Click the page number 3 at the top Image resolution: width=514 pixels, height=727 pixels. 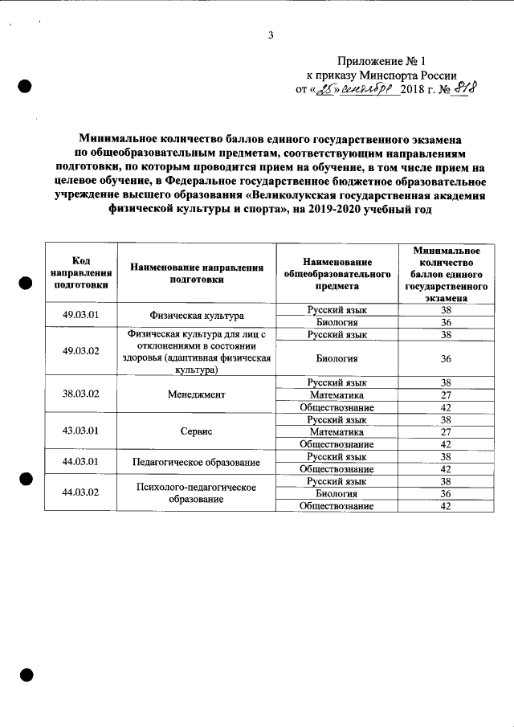[271, 35]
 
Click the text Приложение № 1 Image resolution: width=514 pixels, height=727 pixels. [379, 61]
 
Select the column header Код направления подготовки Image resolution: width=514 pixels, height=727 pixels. [80, 272]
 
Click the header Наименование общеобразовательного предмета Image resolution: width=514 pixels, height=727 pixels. [337, 272]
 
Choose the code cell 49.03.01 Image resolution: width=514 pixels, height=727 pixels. [80, 315]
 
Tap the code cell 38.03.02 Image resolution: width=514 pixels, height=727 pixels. [80, 394]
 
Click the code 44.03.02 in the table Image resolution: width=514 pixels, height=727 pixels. [80, 492]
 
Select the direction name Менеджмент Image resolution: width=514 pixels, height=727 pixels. [196, 394]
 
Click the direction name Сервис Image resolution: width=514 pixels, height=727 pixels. [196, 431]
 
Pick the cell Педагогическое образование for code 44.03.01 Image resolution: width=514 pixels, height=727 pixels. [196, 462]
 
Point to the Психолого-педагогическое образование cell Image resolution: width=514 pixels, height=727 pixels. [196, 492]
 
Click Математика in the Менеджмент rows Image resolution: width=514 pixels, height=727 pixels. [337, 394]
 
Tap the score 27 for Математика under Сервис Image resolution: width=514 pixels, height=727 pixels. [446, 431]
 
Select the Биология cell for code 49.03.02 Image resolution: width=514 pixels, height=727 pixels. [337, 358]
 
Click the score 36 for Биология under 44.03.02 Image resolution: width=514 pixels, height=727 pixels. [446, 493]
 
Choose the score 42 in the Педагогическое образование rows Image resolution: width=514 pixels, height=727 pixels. [446, 468]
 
